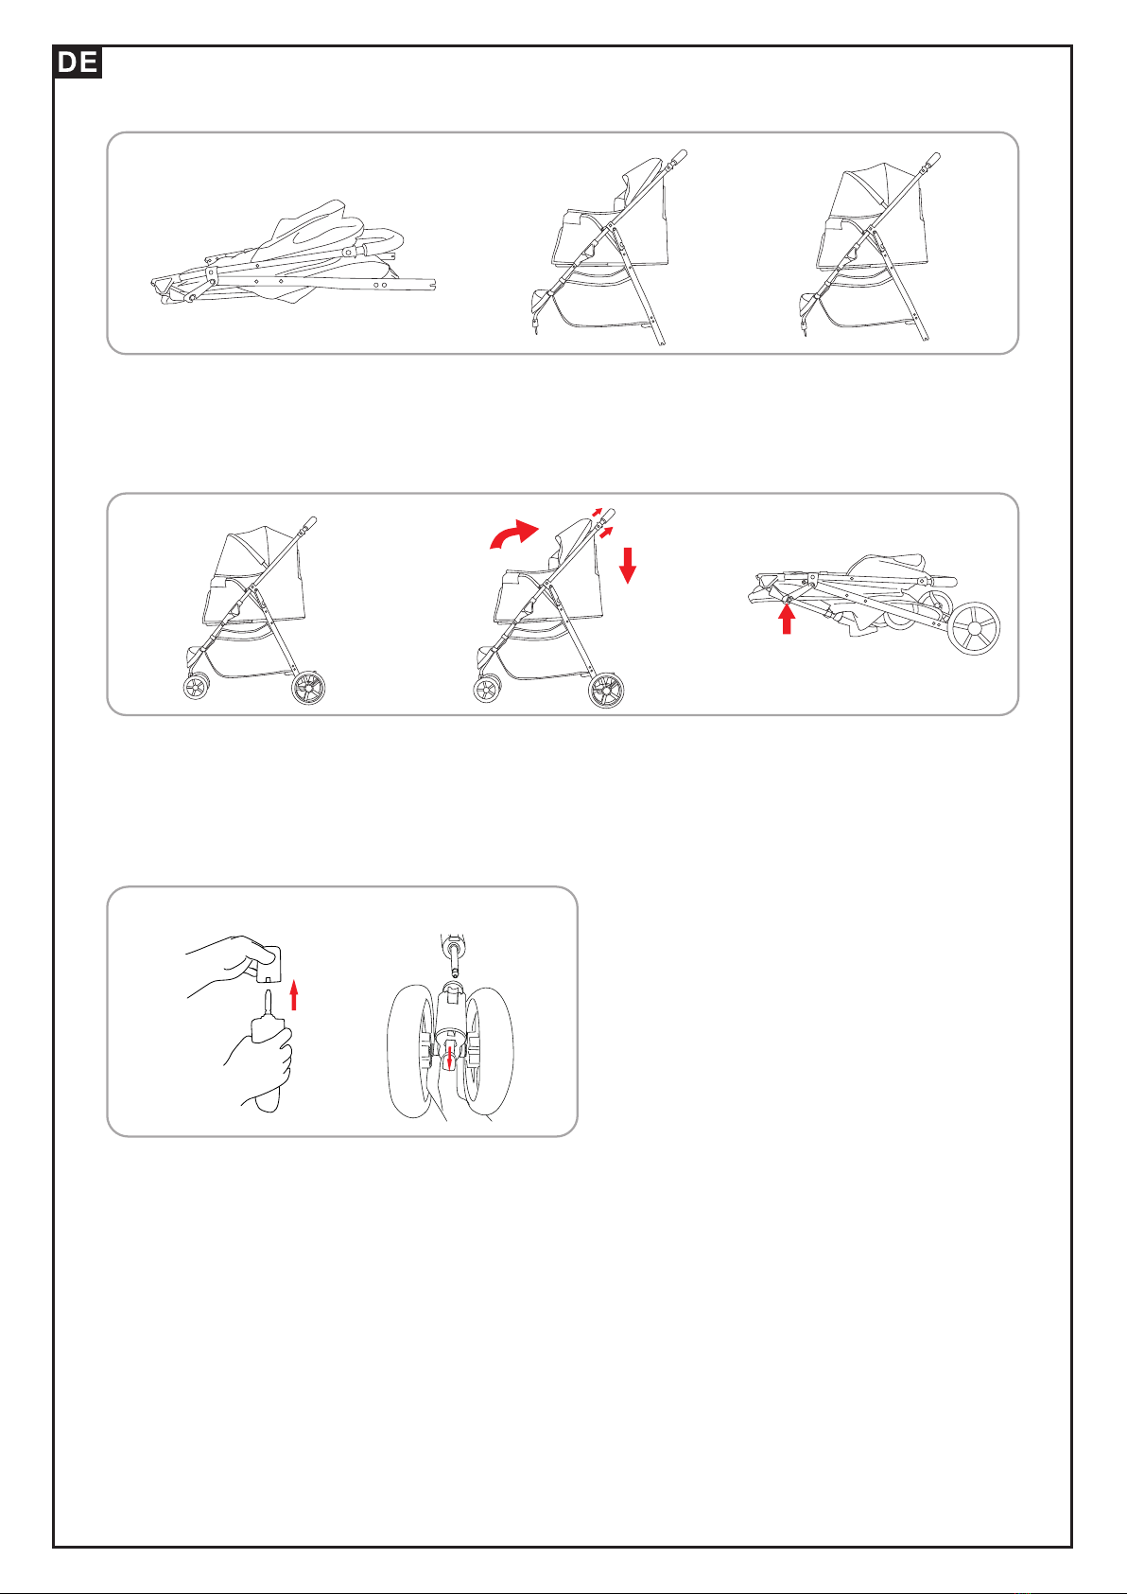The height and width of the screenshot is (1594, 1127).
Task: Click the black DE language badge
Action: tap(78, 61)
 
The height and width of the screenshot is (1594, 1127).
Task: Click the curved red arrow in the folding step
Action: tap(513, 534)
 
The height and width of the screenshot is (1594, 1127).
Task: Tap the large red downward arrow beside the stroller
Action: tap(627, 565)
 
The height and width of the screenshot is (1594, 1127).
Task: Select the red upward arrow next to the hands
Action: tap(294, 995)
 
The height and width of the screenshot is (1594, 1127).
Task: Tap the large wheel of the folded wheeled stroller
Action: tap(975, 629)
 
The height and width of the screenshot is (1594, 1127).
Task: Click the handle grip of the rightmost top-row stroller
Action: tap(933, 158)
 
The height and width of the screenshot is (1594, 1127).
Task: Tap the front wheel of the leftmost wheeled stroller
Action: tap(197, 688)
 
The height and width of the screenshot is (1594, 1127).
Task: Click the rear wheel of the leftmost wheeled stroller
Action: tap(308, 687)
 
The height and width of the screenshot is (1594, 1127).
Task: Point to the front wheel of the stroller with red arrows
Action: tap(487, 690)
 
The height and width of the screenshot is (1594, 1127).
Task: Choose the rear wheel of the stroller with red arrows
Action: tap(606, 690)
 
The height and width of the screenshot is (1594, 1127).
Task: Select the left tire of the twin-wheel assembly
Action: tap(411, 1050)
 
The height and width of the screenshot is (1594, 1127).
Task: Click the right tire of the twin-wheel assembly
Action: tap(488, 1050)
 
